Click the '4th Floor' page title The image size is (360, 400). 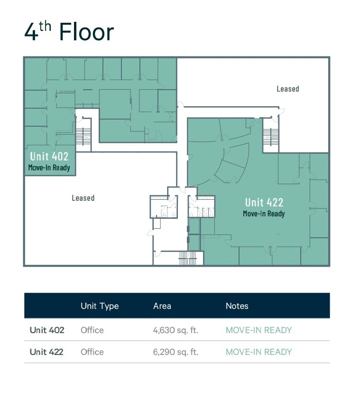pyautogui.click(x=69, y=32)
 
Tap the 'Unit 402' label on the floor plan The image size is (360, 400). pyautogui.click(x=49, y=156)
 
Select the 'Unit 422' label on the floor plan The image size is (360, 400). pyautogui.click(x=264, y=203)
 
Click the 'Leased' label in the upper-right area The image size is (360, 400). pyautogui.click(x=288, y=89)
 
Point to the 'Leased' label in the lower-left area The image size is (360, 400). pyautogui.click(x=83, y=198)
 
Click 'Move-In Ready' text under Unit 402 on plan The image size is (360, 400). pyautogui.click(x=49, y=167)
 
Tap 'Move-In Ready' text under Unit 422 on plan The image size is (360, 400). pyautogui.click(x=264, y=214)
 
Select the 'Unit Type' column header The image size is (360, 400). pyautogui.click(x=100, y=306)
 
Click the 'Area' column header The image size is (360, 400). pyautogui.click(x=162, y=306)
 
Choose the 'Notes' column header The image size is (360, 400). pyautogui.click(x=237, y=306)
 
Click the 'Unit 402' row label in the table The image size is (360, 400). pyautogui.click(x=46, y=330)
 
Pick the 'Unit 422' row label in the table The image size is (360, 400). pyautogui.click(x=46, y=352)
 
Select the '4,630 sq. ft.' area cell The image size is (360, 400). pyautogui.click(x=175, y=330)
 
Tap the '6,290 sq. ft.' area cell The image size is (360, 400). pyautogui.click(x=175, y=352)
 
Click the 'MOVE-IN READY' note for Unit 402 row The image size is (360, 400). pyautogui.click(x=258, y=330)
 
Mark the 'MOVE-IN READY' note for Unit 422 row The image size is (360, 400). pyautogui.click(x=258, y=352)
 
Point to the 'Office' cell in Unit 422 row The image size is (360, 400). pyautogui.click(x=92, y=352)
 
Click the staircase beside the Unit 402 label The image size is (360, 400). pyautogui.click(x=83, y=137)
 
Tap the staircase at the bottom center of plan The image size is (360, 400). pyautogui.click(x=187, y=258)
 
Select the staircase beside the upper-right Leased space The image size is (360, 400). pyautogui.click(x=271, y=137)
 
